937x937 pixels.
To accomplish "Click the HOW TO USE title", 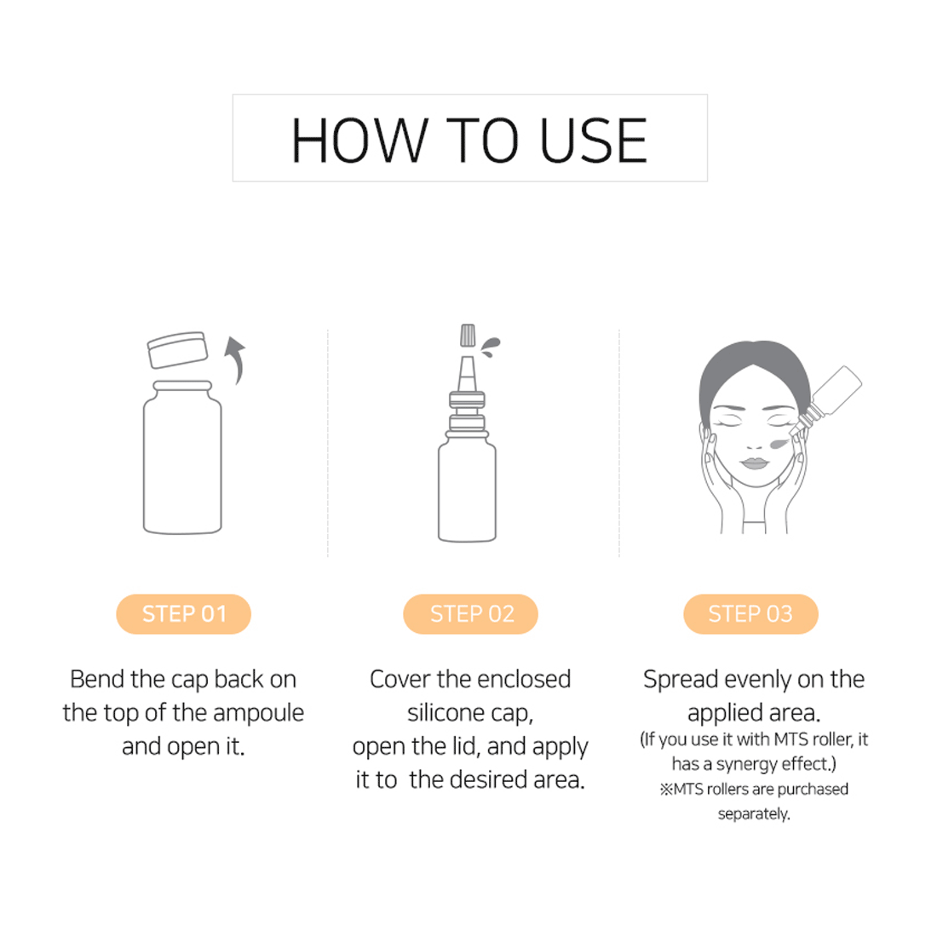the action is point(469,141).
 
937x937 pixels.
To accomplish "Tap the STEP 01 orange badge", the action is point(183,613).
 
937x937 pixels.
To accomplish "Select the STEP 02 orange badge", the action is point(471,613).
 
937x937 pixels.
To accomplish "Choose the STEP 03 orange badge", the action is point(750,613).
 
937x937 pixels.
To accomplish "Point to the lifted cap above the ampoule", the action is point(177,349).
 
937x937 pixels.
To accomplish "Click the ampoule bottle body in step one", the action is point(182,457).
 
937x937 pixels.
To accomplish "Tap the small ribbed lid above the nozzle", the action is point(468,336).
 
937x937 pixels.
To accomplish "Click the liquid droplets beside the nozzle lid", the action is point(490,347).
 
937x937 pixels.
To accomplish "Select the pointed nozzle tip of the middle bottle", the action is point(468,374).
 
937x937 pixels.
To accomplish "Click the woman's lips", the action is point(754,463).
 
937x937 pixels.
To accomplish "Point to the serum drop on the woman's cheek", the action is point(779,444).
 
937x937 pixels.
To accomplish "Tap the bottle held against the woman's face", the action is point(827,400).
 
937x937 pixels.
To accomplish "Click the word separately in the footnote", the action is point(754,814).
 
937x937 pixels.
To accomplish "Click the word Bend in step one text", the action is point(97,679).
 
